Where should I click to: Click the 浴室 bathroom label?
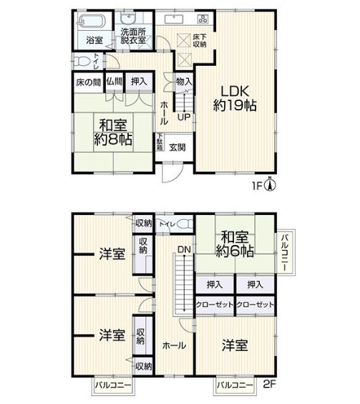tap(94, 39)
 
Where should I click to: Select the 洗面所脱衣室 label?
tap(133, 37)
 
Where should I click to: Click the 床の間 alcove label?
tap(87, 83)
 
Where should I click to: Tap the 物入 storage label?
tap(183, 82)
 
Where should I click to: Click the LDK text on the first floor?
tap(235, 92)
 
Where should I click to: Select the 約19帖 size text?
tap(235, 106)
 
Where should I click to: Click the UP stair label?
tap(183, 117)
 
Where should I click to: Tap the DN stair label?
tap(184, 249)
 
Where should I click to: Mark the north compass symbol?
tap(270, 187)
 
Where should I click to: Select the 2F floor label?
tap(270, 385)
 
